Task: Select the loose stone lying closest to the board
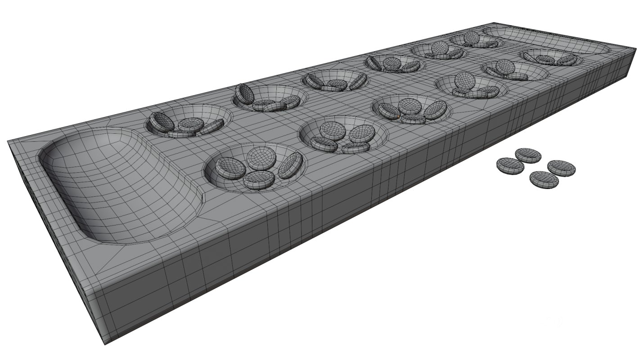coord(510,166)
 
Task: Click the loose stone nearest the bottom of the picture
coord(544,180)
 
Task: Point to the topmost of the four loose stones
coord(528,155)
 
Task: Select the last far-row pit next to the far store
coord(475,40)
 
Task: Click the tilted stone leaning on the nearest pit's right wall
coord(290,165)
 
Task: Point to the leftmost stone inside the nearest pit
coord(230,168)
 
